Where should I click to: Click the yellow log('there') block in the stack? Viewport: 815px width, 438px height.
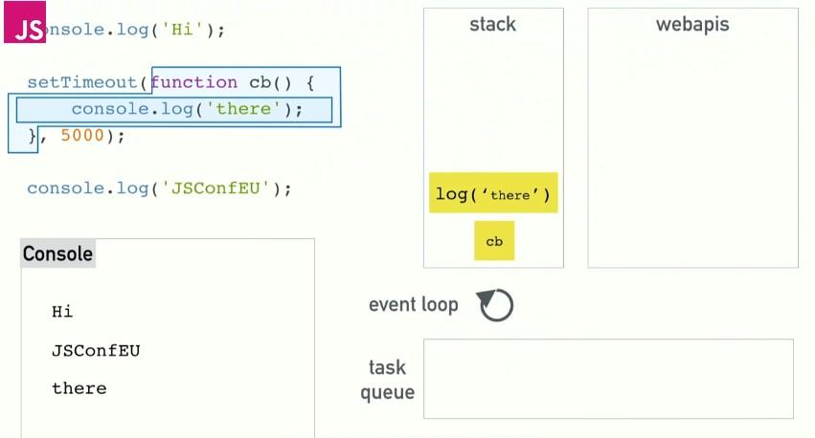[x=493, y=194]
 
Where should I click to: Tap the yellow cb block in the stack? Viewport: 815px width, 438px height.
[x=494, y=241]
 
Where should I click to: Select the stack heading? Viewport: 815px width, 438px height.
[x=492, y=25]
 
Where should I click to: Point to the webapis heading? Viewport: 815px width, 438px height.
[x=691, y=25]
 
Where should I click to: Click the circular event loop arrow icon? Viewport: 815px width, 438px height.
[x=495, y=305]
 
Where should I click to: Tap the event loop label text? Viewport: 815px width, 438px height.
[x=413, y=305]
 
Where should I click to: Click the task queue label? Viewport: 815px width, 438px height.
[x=387, y=380]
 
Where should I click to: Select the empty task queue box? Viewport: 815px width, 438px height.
[x=608, y=379]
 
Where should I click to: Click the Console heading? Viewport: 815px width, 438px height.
[x=57, y=253]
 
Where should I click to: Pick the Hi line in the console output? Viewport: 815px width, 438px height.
[x=62, y=312]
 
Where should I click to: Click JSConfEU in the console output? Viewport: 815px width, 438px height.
[x=96, y=350]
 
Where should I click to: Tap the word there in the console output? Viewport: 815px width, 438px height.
[x=79, y=388]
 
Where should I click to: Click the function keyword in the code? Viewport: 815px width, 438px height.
[x=194, y=82]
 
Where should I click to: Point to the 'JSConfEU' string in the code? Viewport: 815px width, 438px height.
[x=219, y=188]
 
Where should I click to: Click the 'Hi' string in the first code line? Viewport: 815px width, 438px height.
[x=181, y=30]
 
